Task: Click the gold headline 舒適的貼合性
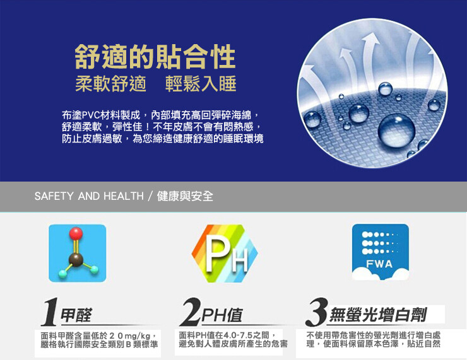pos(155,57)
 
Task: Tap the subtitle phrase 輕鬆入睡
pos(201,84)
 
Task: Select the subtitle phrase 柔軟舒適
pos(111,84)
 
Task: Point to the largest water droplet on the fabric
pos(396,131)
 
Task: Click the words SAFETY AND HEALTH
pos(89,196)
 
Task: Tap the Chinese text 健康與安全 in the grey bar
pos(185,196)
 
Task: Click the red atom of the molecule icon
pos(76,233)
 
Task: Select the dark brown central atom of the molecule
pos(76,259)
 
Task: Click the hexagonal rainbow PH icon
pos(225,253)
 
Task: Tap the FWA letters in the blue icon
pos(379,264)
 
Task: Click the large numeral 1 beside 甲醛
pos(49,312)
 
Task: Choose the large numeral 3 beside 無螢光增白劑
pos(317,311)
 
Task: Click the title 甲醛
pos(76,315)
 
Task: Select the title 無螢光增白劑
pos(378,315)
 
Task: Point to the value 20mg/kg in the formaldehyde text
pos(130,336)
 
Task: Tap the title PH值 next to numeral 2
pos(222,315)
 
